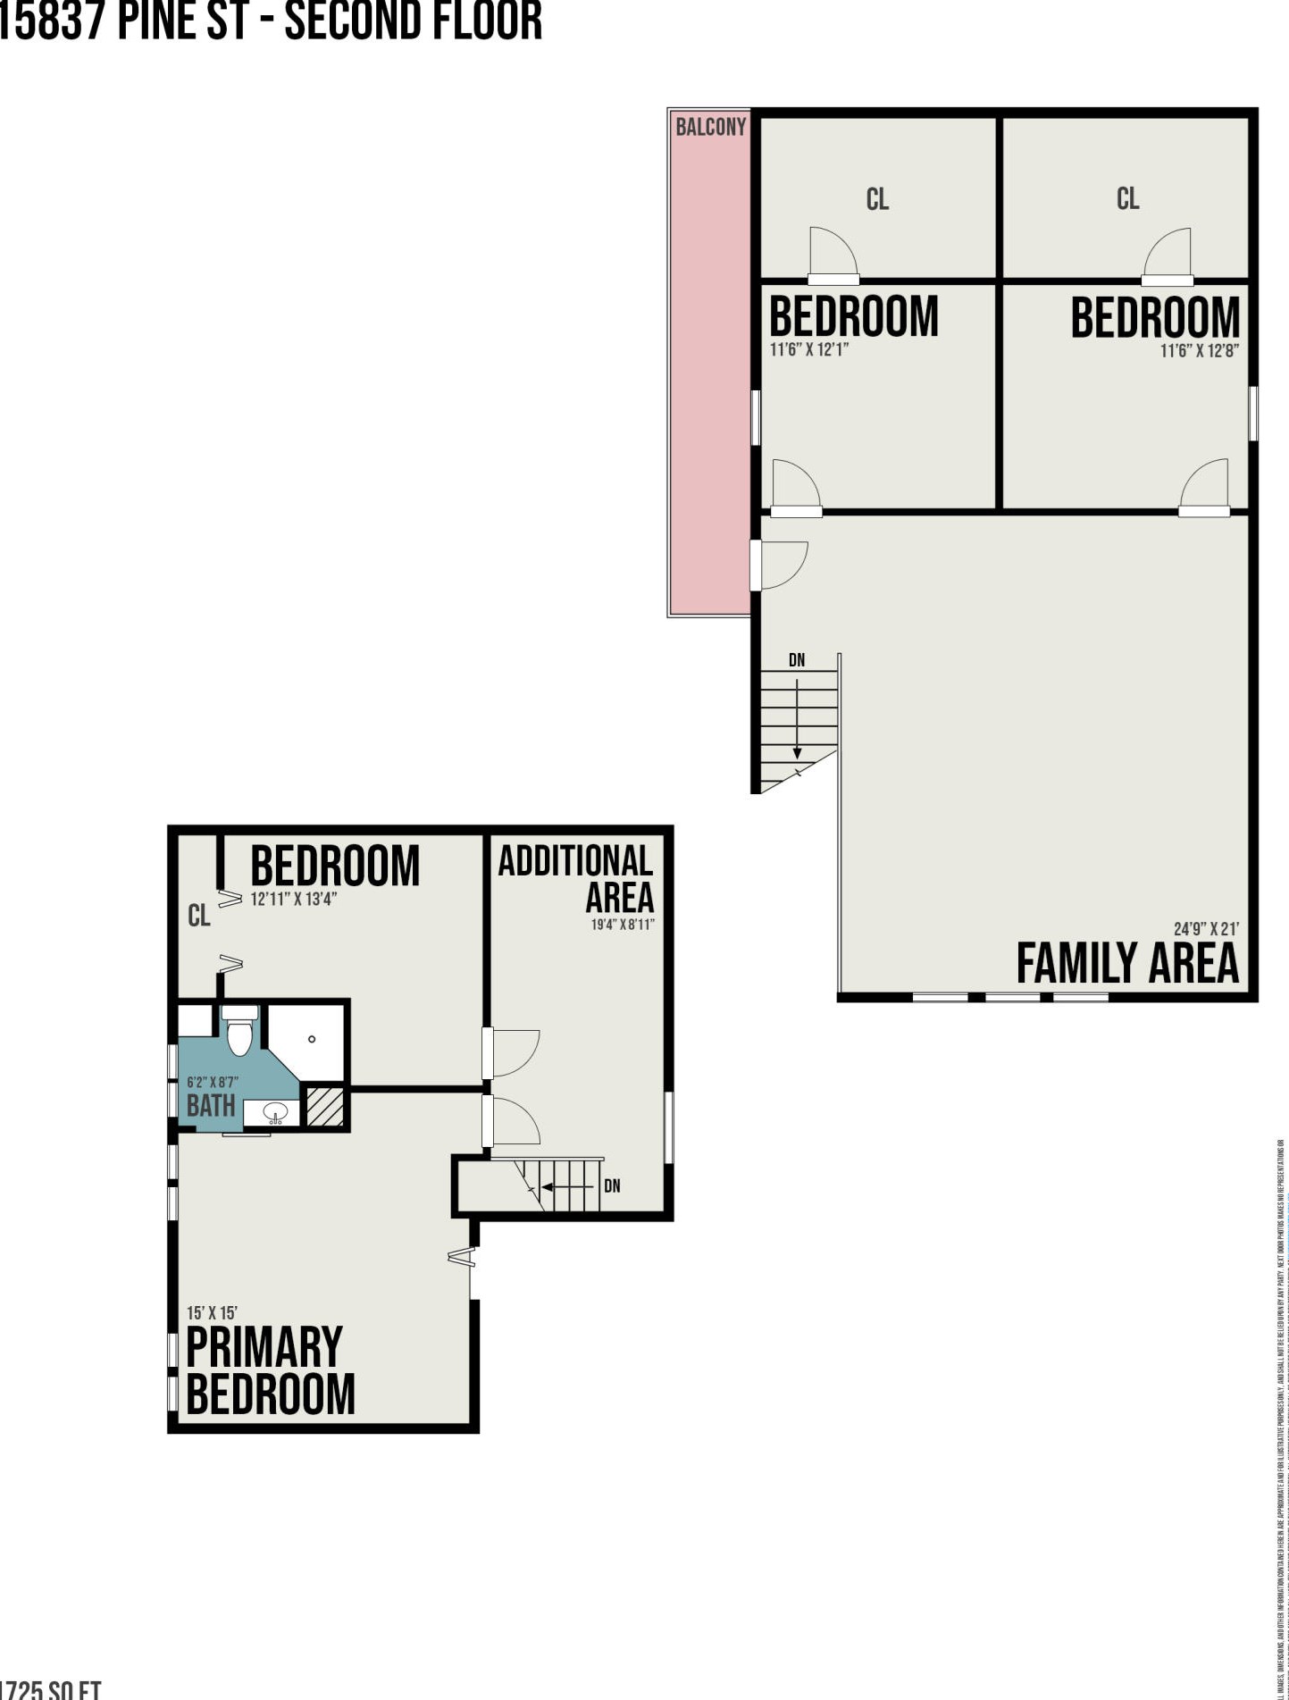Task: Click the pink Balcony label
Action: coord(710,127)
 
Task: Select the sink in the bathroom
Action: coord(274,1113)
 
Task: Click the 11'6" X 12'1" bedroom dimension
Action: coord(808,349)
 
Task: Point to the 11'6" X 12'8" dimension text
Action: coord(1199,351)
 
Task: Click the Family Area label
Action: coord(1127,963)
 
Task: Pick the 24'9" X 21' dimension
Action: coord(1205,929)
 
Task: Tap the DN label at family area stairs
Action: coord(796,660)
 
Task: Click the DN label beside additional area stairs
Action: coord(612,1186)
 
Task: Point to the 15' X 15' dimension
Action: coord(212,1312)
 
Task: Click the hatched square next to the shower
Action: coord(325,1106)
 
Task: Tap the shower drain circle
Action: coord(312,1039)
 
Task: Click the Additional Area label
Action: coord(576,878)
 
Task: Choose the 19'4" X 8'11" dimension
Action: coord(623,925)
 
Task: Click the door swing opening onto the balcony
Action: coord(783,565)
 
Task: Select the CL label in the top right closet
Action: coord(1127,198)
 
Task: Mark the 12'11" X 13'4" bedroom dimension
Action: coord(293,899)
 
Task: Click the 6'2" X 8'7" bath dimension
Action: coord(212,1082)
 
